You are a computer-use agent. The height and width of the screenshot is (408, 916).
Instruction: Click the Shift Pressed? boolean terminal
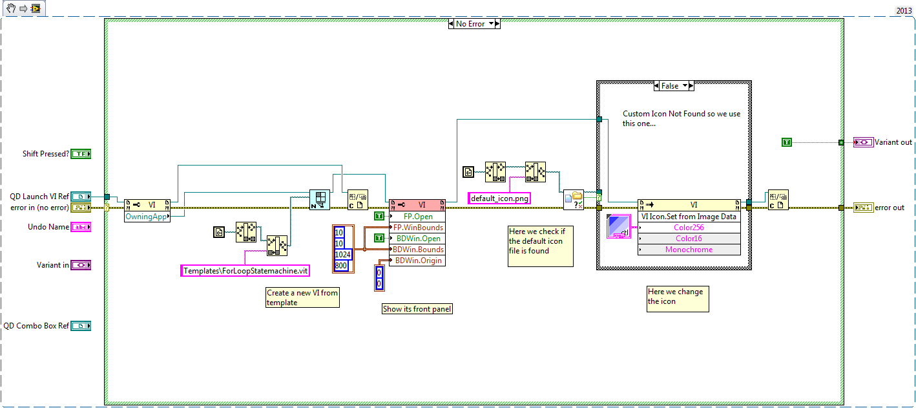81,154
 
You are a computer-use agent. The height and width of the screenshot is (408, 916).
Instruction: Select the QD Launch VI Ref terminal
81,196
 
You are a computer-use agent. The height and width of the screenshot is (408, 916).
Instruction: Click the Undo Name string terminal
81,227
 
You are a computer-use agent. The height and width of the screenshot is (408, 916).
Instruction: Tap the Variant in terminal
81,264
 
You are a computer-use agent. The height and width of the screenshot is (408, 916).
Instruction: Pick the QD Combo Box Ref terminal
81,326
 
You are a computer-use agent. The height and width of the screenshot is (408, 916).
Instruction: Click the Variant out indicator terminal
863,142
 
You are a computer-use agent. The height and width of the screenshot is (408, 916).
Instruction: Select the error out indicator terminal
863,208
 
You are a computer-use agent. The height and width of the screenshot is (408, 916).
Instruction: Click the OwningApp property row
147,217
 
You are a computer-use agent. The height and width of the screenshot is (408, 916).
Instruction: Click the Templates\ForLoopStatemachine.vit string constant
245,271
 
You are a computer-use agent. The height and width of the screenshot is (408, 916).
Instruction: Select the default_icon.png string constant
499,199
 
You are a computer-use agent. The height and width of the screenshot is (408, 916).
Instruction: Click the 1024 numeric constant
342,254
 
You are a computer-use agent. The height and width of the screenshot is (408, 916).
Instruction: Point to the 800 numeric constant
340,265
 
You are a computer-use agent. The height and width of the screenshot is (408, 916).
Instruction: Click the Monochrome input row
689,250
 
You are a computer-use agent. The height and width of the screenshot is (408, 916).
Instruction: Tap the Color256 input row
689,228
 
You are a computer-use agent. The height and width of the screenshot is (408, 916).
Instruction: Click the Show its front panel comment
417,309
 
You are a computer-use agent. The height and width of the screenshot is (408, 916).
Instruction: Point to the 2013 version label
903,10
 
